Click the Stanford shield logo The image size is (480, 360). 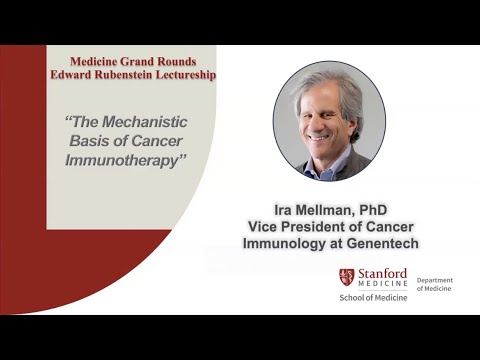click(346, 277)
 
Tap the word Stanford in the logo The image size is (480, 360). click(382, 273)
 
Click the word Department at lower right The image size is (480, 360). click(435, 280)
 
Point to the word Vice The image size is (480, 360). click(265, 227)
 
